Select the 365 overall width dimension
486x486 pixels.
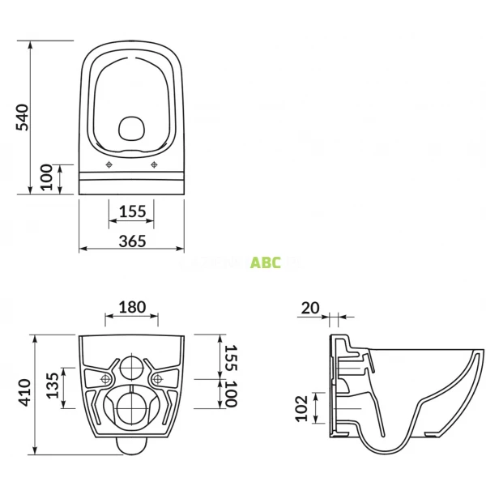pos(132,241)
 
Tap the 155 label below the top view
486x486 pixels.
pos(132,211)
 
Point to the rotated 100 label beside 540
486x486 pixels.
pos(47,177)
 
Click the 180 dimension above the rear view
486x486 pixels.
pos(132,307)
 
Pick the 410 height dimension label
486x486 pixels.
pos(25,392)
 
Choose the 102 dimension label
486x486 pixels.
pos(301,409)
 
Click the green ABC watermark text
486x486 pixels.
pos(266,262)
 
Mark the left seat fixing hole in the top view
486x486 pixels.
pos(109,165)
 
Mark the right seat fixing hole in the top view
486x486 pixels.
pos(155,165)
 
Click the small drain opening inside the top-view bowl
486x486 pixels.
pos(131,127)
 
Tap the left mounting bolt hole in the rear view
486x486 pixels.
pos(106,379)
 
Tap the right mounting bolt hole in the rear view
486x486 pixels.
pos(158,379)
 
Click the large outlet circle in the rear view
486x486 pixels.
pos(132,408)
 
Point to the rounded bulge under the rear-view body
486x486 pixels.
pos(132,443)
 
